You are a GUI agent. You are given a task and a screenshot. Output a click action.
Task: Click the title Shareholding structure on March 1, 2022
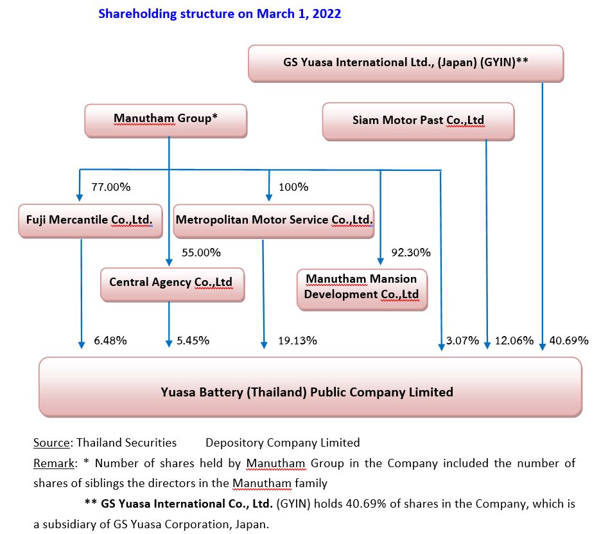pyautogui.click(x=220, y=14)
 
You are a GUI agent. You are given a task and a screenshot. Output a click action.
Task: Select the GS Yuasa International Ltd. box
pyautogui.click(x=406, y=63)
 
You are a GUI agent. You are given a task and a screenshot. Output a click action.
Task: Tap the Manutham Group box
pyautogui.click(x=166, y=120)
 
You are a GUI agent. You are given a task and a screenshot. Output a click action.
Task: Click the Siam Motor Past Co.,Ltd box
pyautogui.click(x=418, y=121)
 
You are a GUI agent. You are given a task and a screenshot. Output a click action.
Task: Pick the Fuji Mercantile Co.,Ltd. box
pyautogui.click(x=91, y=220)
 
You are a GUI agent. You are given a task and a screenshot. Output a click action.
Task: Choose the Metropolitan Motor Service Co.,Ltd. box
pyautogui.click(x=274, y=220)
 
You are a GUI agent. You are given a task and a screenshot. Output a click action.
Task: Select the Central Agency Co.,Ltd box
pyautogui.click(x=172, y=285)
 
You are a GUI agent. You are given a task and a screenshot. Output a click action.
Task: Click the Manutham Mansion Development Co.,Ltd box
pyautogui.click(x=362, y=289)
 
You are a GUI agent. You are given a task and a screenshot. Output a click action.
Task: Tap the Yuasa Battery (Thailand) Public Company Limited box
pyautogui.click(x=310, y=387)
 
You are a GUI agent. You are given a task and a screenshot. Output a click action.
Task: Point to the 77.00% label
pyautogui.click(x=111, y=187)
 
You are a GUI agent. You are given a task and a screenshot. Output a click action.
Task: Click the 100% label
pyautogui.click(x=293, y=187)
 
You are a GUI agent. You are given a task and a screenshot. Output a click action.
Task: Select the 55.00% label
pyautogui.click(x=201, y=253)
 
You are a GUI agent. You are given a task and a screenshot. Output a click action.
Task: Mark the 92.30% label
pyautogui.click(x=411, y=253)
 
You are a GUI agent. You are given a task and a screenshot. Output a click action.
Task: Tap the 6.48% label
pyautogui.click(x=110, y=341)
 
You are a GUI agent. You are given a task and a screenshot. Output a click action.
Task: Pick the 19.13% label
pyautogui.click(x=297, y=341)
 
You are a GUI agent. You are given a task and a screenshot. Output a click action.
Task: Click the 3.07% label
pyautogui.click(x=462, y=341)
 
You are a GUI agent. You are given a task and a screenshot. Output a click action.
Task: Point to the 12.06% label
pyautogui.click(x=514, y=341)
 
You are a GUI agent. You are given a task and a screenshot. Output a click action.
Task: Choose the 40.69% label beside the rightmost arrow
pyautogui.click(x=569, y=341)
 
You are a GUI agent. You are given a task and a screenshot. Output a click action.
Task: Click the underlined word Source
pyautogui.click(x=51, y=443)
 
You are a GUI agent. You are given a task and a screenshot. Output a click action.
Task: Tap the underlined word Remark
pyautogui.click(x=54, y=463)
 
